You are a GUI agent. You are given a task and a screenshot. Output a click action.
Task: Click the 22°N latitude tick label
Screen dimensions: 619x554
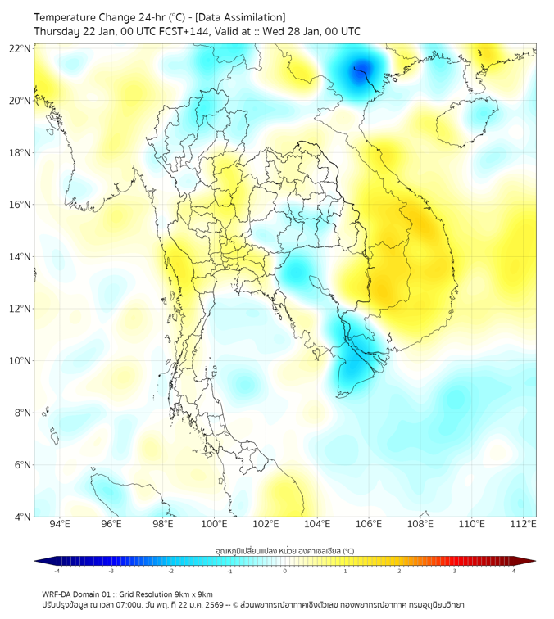pyautogui.click(x=20, y=48)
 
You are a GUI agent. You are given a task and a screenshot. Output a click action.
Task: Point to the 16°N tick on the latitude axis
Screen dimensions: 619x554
pyautogui.click(x=20, y=205)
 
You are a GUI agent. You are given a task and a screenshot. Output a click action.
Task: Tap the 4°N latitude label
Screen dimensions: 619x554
pyautogui.click(x=22, y=517)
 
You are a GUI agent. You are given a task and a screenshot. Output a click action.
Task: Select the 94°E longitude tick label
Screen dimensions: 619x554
pyautogui.click(x=60, y=524)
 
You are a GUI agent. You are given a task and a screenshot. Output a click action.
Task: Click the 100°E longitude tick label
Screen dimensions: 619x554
pyautogui.click(x=214, y=524)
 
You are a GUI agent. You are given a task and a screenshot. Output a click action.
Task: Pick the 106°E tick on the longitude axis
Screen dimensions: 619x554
pyautogui.click(x=369, y=524)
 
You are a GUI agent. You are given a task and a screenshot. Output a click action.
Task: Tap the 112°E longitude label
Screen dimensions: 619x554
pyautogui.click(x=523, y=524)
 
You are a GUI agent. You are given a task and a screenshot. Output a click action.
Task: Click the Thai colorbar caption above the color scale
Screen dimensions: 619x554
pyautogui.click(x=284, y=550)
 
